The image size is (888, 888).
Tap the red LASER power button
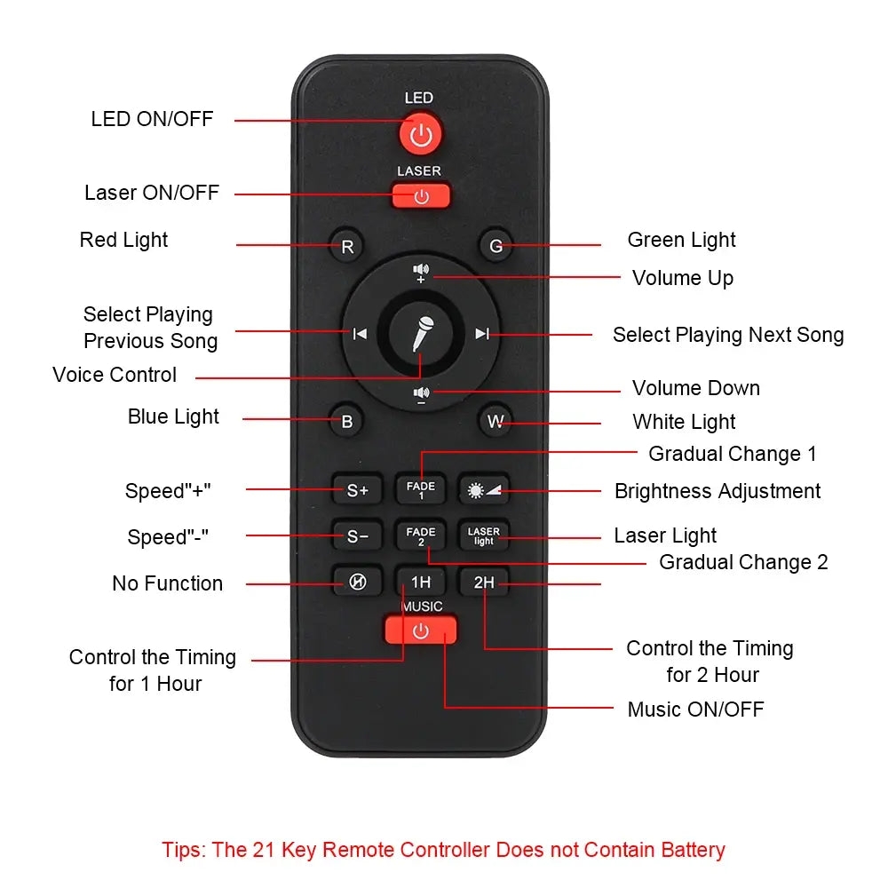421,195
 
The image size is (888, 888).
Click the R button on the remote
346,246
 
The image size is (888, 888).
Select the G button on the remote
496,246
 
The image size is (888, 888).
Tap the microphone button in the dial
421,333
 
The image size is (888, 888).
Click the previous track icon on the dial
361,334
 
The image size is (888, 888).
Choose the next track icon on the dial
482,334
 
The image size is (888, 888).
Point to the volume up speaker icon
421,273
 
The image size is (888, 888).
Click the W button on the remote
496,421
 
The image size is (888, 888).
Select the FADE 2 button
421,535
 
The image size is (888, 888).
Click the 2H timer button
484,583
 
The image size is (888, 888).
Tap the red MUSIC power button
421,630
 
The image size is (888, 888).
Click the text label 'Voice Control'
115,375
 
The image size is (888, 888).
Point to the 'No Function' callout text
168,583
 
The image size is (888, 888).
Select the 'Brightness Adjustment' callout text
718,491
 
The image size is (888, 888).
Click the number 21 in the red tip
264,850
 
